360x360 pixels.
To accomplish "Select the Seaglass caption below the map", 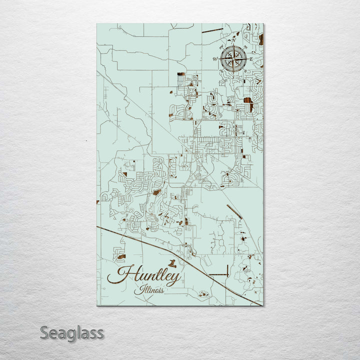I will (72, 332).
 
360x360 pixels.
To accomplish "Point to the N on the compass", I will (232, 41).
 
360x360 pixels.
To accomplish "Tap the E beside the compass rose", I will (251, 59).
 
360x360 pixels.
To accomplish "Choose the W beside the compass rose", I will (215, 59).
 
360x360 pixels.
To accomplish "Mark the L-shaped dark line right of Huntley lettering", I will (220, 273).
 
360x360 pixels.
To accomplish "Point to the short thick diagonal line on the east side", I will (234, 211).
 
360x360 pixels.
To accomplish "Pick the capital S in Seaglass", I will (45, 332).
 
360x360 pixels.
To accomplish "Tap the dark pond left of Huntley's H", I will (120, 257).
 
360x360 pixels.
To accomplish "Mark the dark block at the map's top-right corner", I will (261, 39).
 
